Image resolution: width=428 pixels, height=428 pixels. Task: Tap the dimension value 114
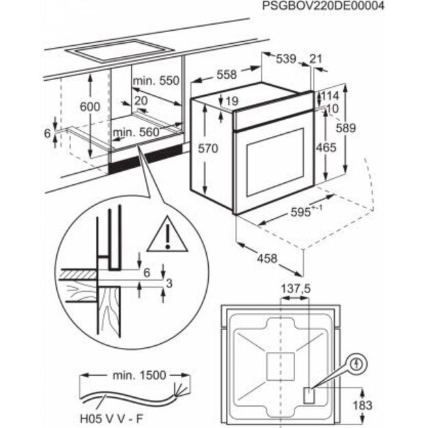point(331,96)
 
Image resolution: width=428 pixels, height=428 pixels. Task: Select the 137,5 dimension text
point(297,290)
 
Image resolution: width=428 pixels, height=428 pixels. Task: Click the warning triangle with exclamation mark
point(163,234)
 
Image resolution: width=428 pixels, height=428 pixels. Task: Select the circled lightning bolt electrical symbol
point(357,364)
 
